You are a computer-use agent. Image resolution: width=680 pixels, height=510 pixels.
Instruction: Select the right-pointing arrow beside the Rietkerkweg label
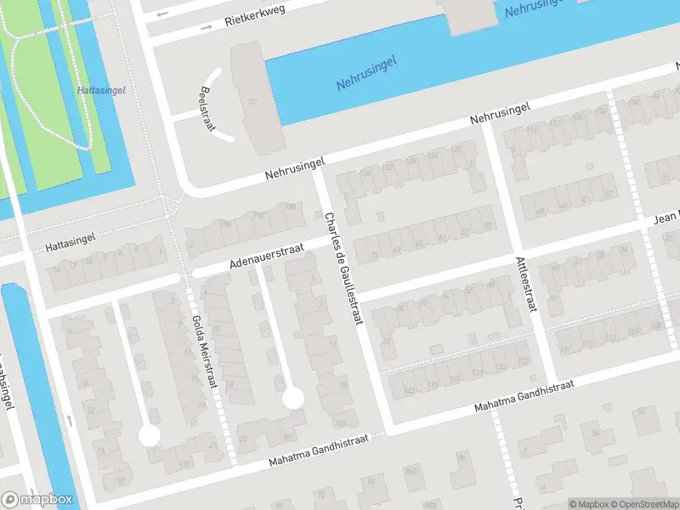206,28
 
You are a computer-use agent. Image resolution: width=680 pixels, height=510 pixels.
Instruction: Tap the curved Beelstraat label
206,106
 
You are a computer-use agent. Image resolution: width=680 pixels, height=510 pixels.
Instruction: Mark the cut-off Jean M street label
666,218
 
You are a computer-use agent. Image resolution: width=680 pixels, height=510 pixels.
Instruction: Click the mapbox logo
36,500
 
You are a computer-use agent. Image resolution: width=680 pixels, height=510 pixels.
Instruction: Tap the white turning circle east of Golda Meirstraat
292,397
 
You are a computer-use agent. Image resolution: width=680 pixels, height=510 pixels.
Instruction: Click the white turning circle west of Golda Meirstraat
150,435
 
